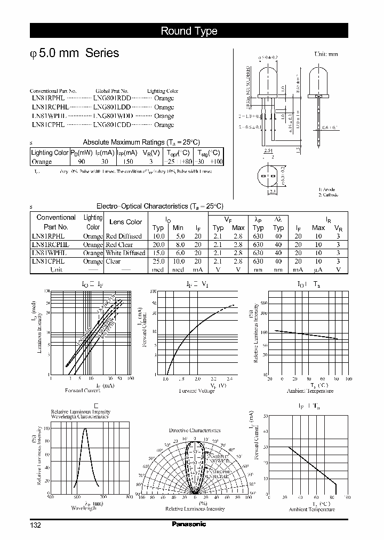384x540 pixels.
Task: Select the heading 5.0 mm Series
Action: click(x=75, y=53)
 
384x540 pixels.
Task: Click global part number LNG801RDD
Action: click(x=111, y=98)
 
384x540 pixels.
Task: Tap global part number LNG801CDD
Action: click(x=111, y=124)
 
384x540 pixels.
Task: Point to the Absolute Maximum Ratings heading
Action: click(x=141, y=142)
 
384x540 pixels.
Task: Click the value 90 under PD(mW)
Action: click(x=81, y=161)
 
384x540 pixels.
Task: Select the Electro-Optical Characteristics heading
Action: click(x=159, y=206)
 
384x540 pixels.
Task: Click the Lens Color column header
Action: click(x=125, y=222)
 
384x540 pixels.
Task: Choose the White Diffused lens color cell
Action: click(x=125, y=253)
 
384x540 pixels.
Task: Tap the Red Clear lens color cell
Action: click(x=119, y=244)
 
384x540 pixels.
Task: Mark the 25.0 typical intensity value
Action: click(x=158, y=261)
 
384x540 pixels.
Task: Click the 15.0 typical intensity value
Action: click(x=158, y=253)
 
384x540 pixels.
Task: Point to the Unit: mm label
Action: click(x=326, y=54)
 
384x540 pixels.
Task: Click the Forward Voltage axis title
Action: click(x=196, y=391)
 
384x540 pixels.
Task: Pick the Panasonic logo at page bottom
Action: click(x=189, y=524)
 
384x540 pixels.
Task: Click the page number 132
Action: click(x=35, y=525)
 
